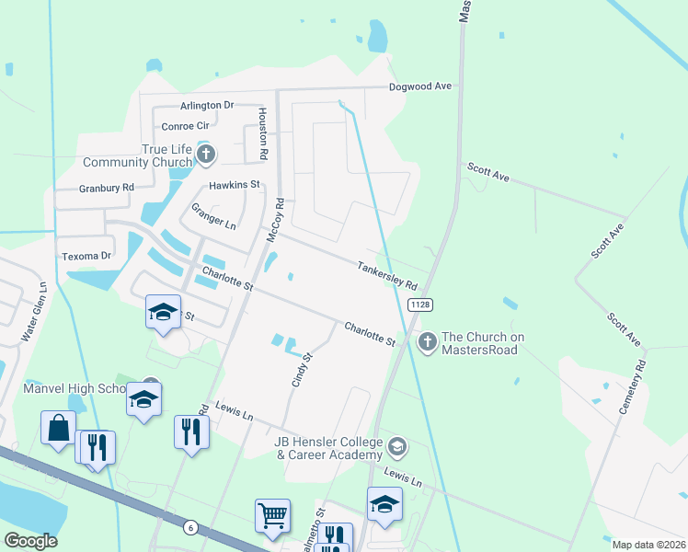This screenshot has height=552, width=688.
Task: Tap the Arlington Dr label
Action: (x=207, y=106)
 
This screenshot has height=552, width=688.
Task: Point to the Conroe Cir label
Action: (x=186, y=126)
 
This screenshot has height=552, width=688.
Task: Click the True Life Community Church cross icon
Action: (x=206, y=154)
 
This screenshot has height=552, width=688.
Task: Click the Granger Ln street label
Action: (x=213, y=217)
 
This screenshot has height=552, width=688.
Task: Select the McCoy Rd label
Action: (x=274, y=223)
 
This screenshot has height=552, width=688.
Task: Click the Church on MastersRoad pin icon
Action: (x=427, y=342)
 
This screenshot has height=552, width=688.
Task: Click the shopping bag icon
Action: (x=58, y=428)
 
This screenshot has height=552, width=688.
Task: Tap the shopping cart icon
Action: (x=273, y=517)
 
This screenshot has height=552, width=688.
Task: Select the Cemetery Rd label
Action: (x=634, y=387)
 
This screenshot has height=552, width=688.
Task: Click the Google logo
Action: (x=30, y=541)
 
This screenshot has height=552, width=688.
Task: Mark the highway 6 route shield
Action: (x=189, y=526)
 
